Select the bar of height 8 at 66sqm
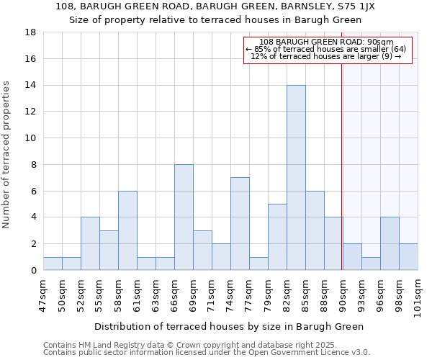[184, 217]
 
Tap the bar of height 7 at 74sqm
[240, 224]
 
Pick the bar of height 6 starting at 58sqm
[127, 230]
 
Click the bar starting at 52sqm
[90, 243]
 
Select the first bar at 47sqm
[53, 264]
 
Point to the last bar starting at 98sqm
[408, 257]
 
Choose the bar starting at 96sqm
[390, 243]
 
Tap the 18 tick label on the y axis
[31, 32]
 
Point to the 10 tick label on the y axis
[31, 138]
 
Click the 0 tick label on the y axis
[34, 271]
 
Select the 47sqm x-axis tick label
[44, 294]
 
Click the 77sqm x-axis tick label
[250, 294]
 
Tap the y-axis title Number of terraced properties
[7, 155]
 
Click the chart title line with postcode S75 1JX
[215, 6]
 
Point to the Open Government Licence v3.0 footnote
[207, 353]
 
